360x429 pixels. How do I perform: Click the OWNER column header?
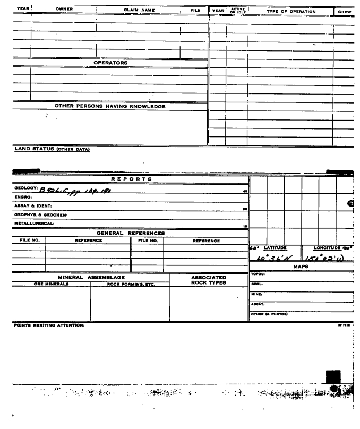point(63,9)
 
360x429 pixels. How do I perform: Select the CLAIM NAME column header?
point(139,10)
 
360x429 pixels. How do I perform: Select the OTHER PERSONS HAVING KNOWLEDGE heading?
point(110,106)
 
